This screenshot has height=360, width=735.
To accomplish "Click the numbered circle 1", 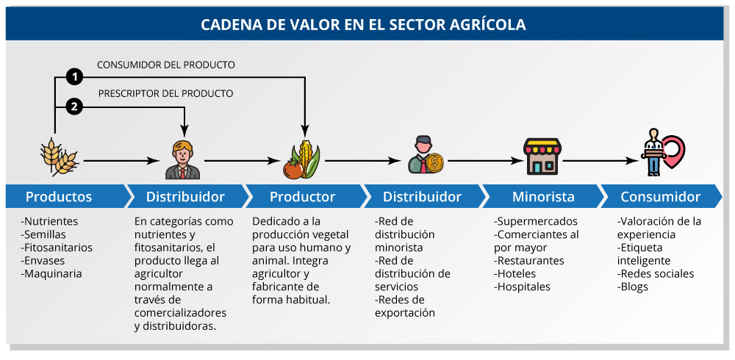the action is (74, 77).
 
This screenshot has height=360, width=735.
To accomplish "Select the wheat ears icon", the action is (59, 157).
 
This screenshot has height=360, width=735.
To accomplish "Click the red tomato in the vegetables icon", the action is (293, 169).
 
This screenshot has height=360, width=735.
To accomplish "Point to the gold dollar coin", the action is (434, 162).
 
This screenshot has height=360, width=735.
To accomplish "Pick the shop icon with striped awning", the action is (542, 156).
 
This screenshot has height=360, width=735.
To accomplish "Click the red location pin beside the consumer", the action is (673, 151).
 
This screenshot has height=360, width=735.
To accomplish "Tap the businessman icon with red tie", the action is (183, 160).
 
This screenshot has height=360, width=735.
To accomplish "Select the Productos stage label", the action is (59, 196).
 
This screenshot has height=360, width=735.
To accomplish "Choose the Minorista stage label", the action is (543, 196).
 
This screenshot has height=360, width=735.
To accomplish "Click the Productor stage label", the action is (302, 196).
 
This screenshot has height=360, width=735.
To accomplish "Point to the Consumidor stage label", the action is (661, 196).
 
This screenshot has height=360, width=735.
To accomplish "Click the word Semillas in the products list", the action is (43, 234).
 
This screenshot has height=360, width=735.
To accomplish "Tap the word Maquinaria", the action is (51, 274).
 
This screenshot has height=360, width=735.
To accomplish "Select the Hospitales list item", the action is (522, 287).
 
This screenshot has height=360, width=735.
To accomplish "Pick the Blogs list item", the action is (633, 287).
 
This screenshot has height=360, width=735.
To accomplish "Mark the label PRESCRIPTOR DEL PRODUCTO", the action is (165, 94).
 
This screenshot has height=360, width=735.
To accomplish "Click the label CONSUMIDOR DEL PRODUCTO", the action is (166, 65).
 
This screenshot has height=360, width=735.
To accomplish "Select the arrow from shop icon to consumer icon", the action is (601, 161).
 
